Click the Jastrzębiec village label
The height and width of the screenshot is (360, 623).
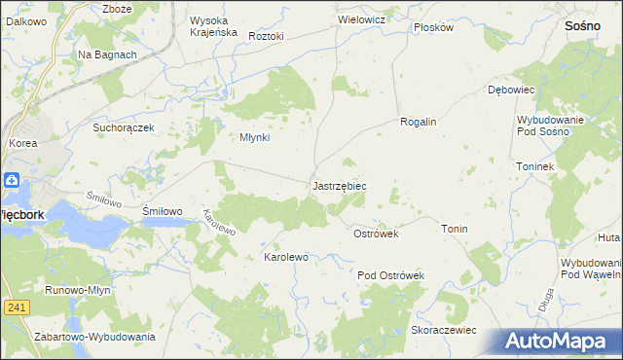(x=339, y=185)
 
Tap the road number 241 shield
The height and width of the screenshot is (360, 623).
(x=16, y=307)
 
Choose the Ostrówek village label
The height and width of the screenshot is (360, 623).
(x=376, y=234)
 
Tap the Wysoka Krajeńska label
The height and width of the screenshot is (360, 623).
(x=213, y=26)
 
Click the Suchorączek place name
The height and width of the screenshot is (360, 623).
(x=124, y=127)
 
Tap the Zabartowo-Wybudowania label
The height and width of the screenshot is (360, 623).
(x=94, y=337)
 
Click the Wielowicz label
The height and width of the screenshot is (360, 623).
(x=361, y=19)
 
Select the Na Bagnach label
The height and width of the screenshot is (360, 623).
(x=107, y=55)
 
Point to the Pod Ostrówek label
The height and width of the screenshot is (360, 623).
(x=391, y=276)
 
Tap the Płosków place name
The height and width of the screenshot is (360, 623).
(x=433, y=27)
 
